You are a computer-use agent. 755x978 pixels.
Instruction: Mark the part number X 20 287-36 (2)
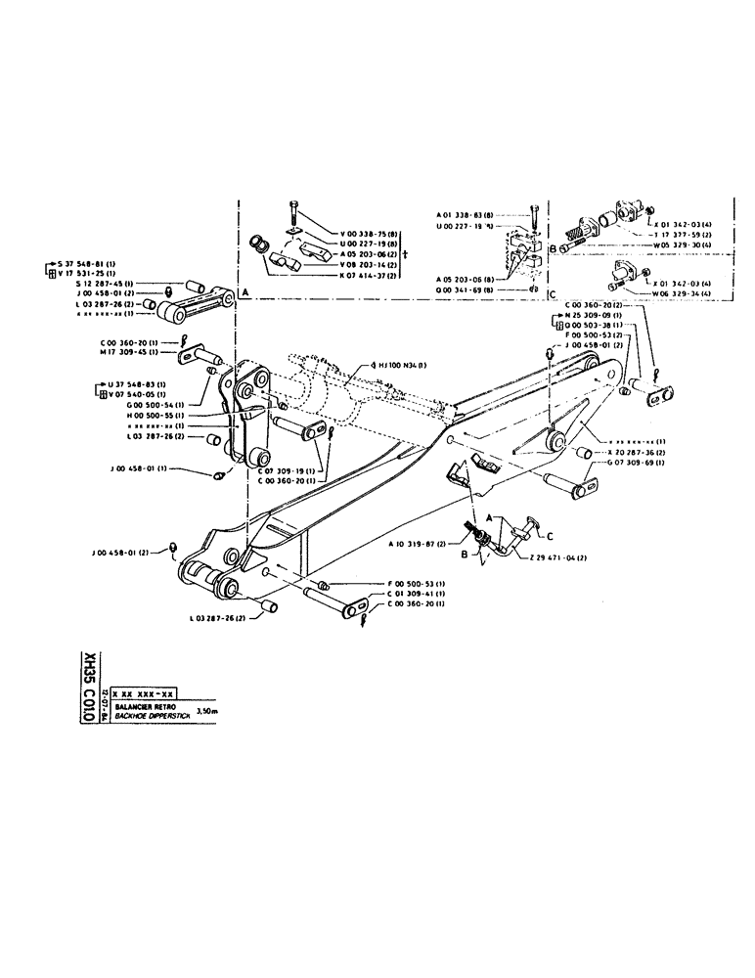click(x=637, y=454)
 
